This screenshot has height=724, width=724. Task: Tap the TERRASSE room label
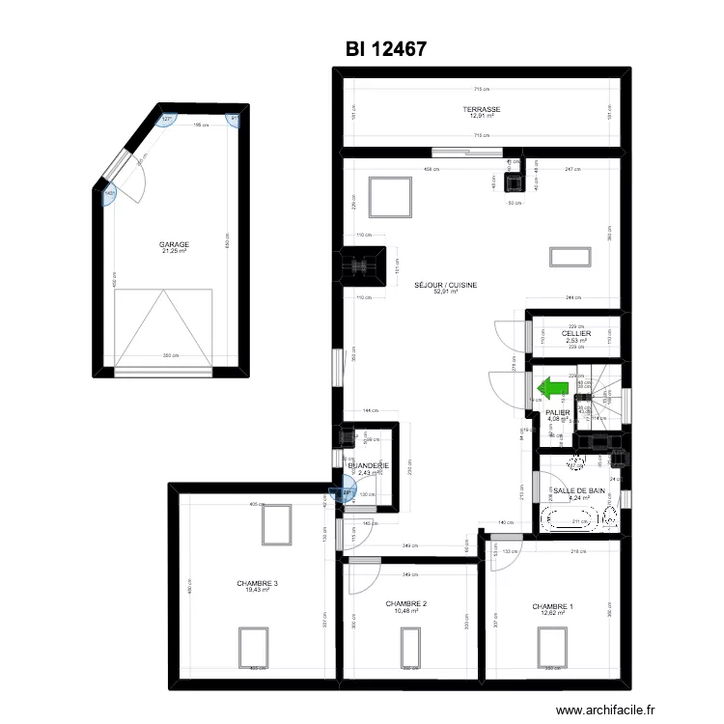pos(480,110)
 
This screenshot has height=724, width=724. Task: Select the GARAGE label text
pos(175,244)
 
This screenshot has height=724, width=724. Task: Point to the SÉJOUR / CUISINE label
pos(445,285)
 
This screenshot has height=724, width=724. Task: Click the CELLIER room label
pos(576,334)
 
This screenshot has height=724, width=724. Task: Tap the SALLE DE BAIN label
pos(580,491)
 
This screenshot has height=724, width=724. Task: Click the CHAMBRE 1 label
pos(552,607)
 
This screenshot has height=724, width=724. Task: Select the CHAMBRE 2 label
pos(406,604)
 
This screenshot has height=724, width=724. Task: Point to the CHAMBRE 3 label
pos(258,583)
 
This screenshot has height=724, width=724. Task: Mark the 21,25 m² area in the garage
pos(175,251)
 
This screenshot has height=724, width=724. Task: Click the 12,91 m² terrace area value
pos(480,117)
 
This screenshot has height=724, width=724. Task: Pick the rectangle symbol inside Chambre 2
pos(406,642)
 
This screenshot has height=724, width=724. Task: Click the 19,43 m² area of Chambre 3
pos(258,590)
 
